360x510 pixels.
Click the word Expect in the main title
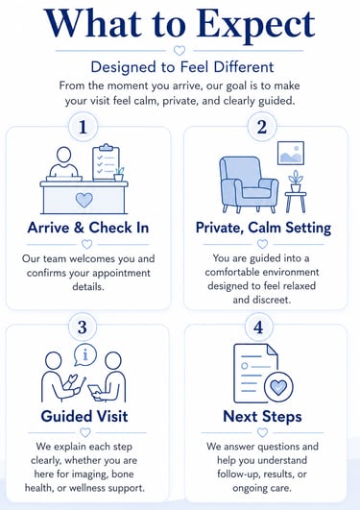pos(256,25)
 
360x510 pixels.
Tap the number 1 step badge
pos(83,127)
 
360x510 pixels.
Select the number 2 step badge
pos(262,127)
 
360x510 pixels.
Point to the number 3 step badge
pos(83,327)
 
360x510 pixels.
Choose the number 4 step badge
pos(258,327)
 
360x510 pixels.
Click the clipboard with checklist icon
pos(106,162)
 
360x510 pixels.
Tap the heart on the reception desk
pos(84,200)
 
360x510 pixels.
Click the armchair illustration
pos(249,184)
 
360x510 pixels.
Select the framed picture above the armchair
pos(291,153)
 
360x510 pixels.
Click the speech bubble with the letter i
pos(85,354)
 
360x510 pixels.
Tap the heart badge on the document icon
pos(278,387)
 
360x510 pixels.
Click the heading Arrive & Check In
pos(88,228)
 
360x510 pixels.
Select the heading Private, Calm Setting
pos(263,228)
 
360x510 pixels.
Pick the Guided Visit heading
pos(84,416)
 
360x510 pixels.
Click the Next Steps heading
pos(262,417)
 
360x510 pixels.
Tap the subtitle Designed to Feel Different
pos(182,67)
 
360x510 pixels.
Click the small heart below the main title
pos(180,50)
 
